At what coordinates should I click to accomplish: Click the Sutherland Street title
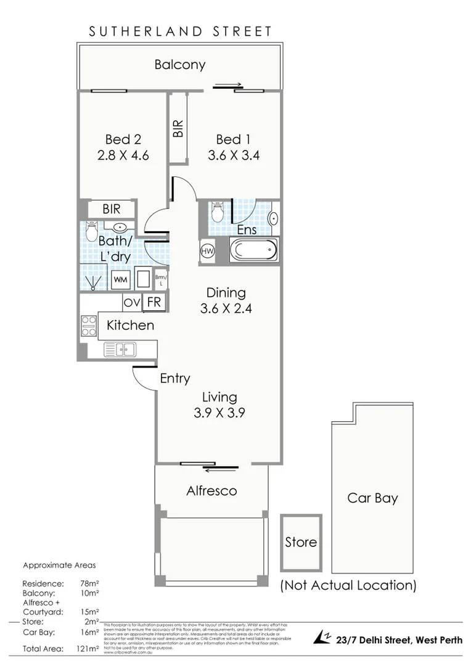[x=180, y=31]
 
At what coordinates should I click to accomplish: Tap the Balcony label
[x=180, y=64]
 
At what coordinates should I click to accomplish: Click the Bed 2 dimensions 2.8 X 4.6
[x=123, y=155]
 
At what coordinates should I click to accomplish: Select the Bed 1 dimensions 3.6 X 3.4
[x=237, y=155]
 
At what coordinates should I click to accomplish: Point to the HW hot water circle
[x=207, y=252]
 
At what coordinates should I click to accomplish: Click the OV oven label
[x=131, y=303]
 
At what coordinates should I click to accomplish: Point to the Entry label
[x=175, y=379]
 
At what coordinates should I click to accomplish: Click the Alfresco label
[x=211, y=491]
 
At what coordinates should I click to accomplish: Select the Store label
[x=301, y=542]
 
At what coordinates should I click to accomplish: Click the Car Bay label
[x=372, y=498]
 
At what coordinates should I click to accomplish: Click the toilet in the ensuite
[x=216, y=213]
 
